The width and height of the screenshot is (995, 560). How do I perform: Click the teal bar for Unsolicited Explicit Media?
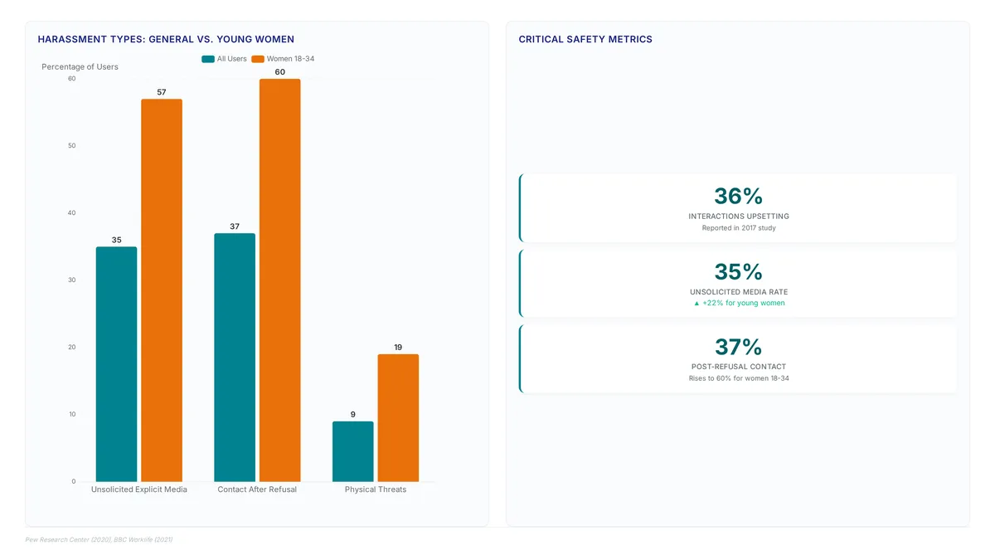click(x=116, y=364)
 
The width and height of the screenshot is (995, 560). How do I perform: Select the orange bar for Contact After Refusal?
click(x=280, y=280)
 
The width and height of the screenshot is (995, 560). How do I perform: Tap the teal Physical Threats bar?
click(x=352, y=451)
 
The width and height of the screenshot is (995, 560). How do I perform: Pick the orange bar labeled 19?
click(x=398, y=418)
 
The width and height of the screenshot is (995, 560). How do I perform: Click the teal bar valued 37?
click(x=235, y=358)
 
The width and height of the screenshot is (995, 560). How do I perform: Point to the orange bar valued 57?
click(x=162, y=290)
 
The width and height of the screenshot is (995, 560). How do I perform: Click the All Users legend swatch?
click(x=208, y=59)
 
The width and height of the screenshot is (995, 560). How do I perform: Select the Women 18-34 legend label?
click(x=290, y=59)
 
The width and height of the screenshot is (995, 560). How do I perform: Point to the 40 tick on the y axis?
click(x=71, y=213)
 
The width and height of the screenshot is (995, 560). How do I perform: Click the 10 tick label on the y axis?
click(x=72, y=414)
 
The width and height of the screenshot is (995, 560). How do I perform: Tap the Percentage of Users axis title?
click(x=80, y=66)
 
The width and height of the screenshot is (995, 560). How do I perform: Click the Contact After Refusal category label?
click(x=257, y=489)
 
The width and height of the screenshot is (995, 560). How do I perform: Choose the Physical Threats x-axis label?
click(x=376, y=489)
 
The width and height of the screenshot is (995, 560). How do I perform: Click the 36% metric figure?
click(x=738, y=196)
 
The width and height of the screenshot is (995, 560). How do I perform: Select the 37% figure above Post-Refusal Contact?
click(x=738, y=347)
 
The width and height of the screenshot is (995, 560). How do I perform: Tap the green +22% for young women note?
click(x=739, y=303)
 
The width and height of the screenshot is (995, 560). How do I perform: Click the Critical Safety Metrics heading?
click(x=585, y=39)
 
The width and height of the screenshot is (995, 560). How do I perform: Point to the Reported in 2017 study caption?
click(x=739, y=228)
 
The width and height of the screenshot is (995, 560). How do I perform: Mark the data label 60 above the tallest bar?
click(x=280, y=72)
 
